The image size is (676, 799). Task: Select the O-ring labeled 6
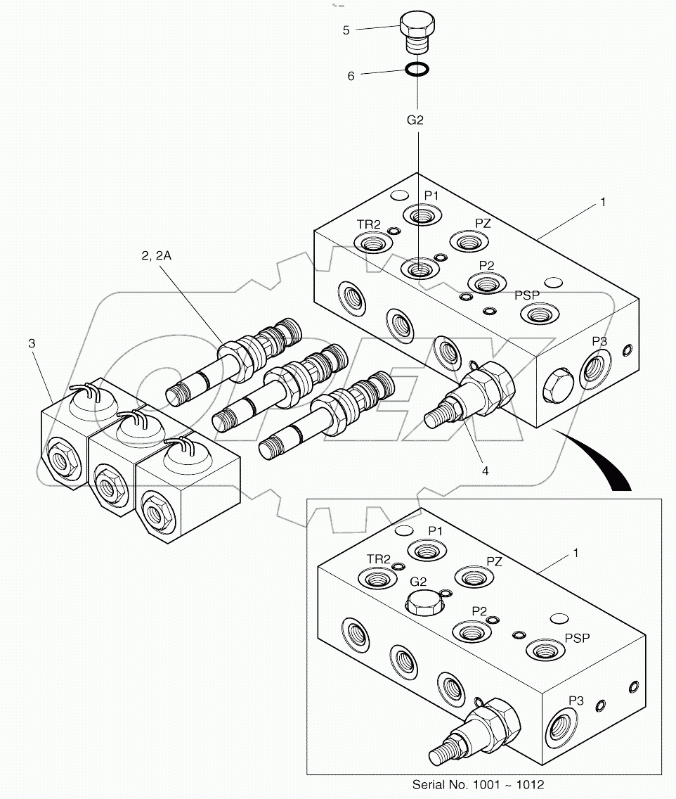(x=417, y=70)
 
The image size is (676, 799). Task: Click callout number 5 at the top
(x=346, y=30)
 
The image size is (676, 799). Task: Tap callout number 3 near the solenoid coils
(x=31, y=343)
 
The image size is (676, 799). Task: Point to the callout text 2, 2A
(x=156, y=256)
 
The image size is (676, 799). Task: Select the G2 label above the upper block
(x=416, y=120)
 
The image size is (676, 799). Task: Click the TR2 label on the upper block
(x=368, y=224)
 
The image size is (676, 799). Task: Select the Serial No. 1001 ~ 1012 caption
(x=478, y=785)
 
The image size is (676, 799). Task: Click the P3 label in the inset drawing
(x=576, y=701)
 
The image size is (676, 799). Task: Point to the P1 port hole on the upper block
(x=420, y=215)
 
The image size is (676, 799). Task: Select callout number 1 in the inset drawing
(x=576, y=553)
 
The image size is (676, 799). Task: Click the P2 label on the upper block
(x=487, y=265)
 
